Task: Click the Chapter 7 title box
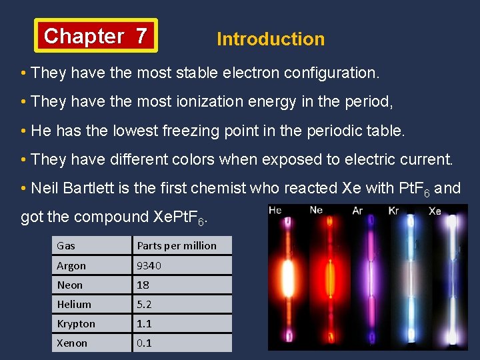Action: tap(96, 35)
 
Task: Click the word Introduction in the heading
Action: tap(271, 39)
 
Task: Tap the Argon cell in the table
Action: tap(71, 265)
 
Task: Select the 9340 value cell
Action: tap(149, 265)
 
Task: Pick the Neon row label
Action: tap(70, 285)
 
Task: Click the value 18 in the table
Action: tap(143, 285)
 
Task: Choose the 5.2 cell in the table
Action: tap(145, 304)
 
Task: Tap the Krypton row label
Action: tap(76, 323)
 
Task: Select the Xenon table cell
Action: tap(72, 343)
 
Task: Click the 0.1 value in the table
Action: tap(144, 343)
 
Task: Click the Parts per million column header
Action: tap(177, 245)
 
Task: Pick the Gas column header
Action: tap(66, 245)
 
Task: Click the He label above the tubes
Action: tap(275, 211)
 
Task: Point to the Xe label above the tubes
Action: tap(435, 211)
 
